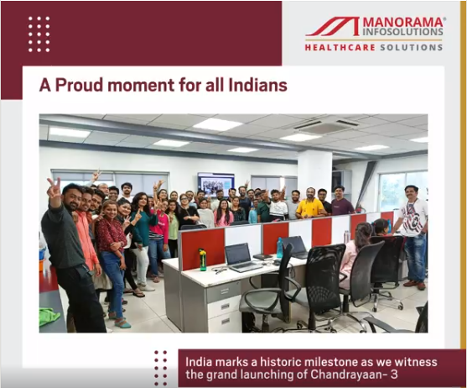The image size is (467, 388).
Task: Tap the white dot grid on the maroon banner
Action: coord(39,34)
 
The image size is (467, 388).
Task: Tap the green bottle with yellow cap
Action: coord(202,260)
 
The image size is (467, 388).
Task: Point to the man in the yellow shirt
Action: coord(309,204)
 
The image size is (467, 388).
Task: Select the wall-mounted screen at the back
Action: coord(215,182)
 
